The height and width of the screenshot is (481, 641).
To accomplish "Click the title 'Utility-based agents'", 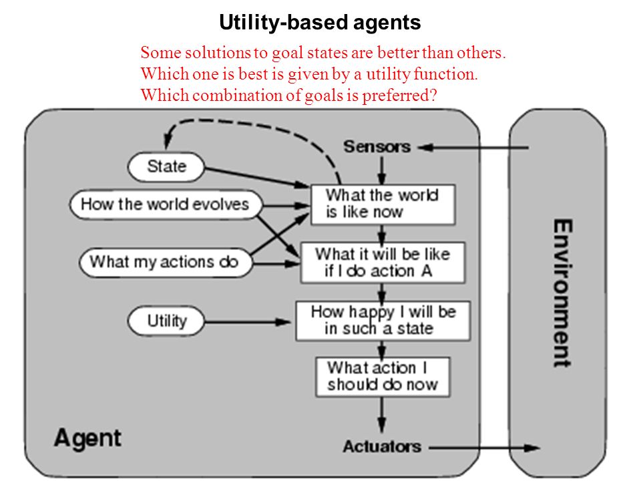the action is (x=320, y=23).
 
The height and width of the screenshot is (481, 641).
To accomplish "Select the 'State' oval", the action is (x=166, y=167).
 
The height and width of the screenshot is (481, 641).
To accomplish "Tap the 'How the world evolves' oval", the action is (x=166, y=204).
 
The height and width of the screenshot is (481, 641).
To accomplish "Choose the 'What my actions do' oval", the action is (x=166, y=262).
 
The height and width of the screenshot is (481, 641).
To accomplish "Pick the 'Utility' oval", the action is (x=166, y=321).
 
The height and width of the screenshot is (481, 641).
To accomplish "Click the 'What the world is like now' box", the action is (x=383, y=204).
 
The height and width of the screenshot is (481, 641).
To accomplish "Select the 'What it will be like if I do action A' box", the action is (x=383, y=263).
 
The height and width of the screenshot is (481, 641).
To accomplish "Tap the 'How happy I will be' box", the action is (x=383, y=321).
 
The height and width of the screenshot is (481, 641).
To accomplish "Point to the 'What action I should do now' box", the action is (x=383, y=377).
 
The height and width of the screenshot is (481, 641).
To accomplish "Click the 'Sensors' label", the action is (x=377, y=147).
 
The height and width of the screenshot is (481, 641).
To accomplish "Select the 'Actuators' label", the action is (x=382, y=447).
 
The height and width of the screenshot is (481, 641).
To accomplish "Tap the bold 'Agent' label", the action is (x=87, y=439).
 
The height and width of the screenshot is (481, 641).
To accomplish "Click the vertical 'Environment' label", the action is (x=563, y=293).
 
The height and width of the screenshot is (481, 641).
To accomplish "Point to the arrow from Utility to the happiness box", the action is (x=248, y=323).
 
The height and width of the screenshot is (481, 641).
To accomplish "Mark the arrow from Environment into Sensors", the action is (x=473, y=148).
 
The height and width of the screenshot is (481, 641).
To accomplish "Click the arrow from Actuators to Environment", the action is (x=485, y=448).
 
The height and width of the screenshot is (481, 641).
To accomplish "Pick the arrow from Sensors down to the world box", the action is (x=381, y=170).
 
